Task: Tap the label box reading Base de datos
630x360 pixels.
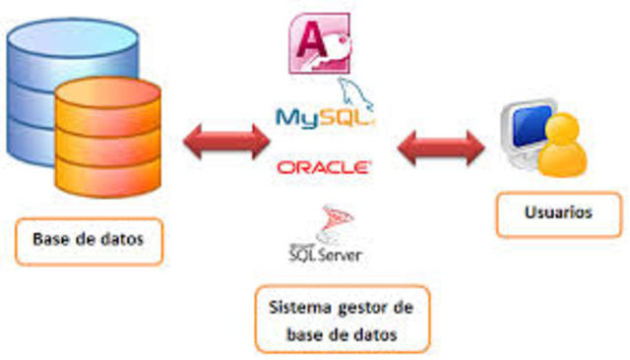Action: click(88, 240)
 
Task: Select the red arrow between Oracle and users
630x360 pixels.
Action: click(440, 149)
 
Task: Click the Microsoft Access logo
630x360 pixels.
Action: click(318, 44)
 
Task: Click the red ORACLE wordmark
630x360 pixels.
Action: click(324, 167)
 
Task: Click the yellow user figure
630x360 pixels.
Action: click(567, 147)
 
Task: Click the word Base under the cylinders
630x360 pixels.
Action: click(51, 240)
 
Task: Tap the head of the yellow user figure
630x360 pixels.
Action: click(568, 127)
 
